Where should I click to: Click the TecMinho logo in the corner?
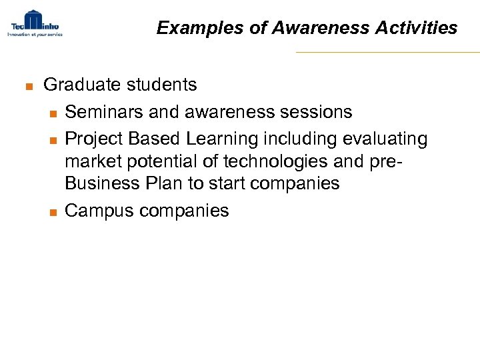click(34, 23)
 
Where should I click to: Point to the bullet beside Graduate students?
click(27, 86)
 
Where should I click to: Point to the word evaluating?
click(385, 139)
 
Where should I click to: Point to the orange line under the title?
click(387, 52)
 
